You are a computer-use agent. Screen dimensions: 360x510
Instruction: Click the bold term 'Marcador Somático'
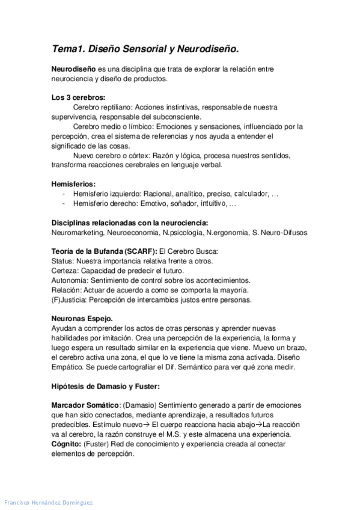pyautogui.click(x=85, y=405)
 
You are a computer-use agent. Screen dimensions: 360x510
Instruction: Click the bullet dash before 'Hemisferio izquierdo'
pyautogui.click(x=64, y=194)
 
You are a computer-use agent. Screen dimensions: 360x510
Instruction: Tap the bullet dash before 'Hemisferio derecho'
pyautogui.click(x=64, y=204)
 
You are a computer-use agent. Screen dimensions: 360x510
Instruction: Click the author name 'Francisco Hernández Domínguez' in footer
pyautogui.click(x=49, y=502)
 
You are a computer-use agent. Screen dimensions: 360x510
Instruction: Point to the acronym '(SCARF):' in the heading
pyautogui.click(x=142, y=251)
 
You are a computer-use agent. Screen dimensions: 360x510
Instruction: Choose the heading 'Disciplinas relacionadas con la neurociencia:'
pyautogui.click(x=130, y=222)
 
